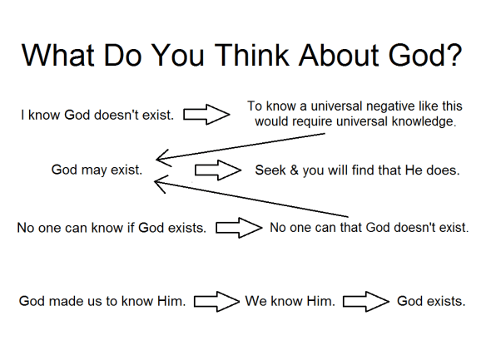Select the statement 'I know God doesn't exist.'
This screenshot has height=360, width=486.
(97, 115)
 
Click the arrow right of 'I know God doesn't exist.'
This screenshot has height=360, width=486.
(206, 115)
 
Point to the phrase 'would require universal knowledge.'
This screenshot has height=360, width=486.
(356, 121)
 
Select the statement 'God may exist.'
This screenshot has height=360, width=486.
(97, 170)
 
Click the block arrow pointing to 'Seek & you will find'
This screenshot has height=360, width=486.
(216, 170)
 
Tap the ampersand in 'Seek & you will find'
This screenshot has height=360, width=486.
(293, 170)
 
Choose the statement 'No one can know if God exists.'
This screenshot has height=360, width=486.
(112, 227)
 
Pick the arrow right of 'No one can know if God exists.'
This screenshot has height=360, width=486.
(239, 226)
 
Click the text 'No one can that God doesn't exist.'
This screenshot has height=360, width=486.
(369, 226)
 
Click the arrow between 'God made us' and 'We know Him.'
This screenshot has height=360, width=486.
(216, 301)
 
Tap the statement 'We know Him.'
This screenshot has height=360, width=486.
(290, 301)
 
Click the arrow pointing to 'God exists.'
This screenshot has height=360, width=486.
(366, 301)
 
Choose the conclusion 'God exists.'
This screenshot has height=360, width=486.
(431, 301)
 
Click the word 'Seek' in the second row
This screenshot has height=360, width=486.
(270, 170)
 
